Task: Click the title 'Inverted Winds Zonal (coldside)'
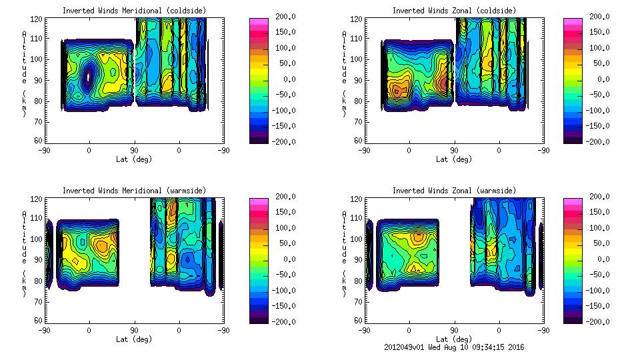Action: click(x=454, y=11)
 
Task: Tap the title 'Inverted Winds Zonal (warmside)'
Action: click(x=454, y=191)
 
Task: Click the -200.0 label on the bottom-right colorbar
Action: click(x=601, y=321)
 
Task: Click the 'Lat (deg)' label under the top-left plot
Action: click(x=134, y=159)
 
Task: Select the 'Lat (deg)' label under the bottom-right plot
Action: click(x=454, y=339)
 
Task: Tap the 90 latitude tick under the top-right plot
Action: click(x=454, y=150)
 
